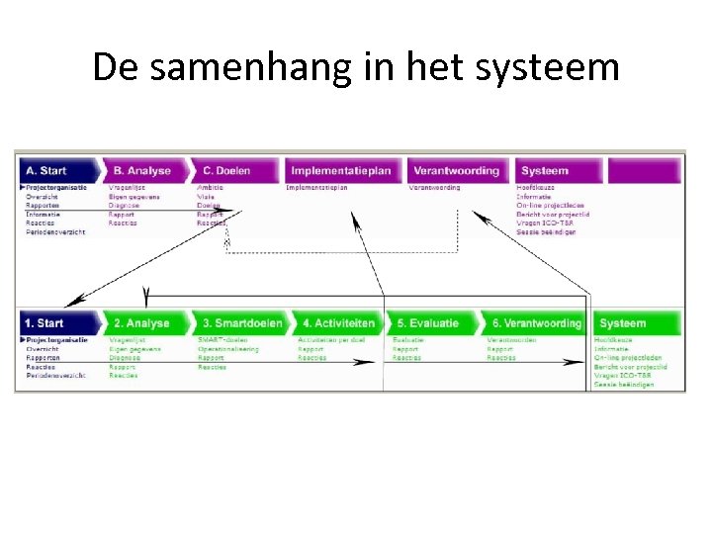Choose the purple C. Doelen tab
click(228, 170)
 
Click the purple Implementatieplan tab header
click(341, 170)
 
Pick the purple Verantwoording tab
click(456, 170)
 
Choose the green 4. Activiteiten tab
click(338, 323)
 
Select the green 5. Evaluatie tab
click(428, 323)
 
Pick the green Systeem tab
click(623, 323)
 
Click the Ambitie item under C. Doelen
click(210, 187)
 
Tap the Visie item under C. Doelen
click(206, 196)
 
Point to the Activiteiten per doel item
click(331, 340)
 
